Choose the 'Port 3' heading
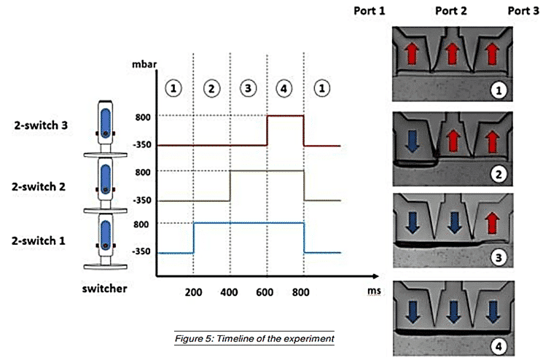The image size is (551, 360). [523, 11]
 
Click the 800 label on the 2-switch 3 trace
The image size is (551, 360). [143, 117]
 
